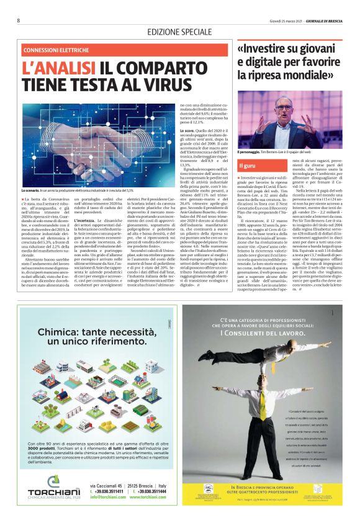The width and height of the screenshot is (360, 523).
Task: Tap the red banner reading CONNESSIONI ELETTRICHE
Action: (55, 50)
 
